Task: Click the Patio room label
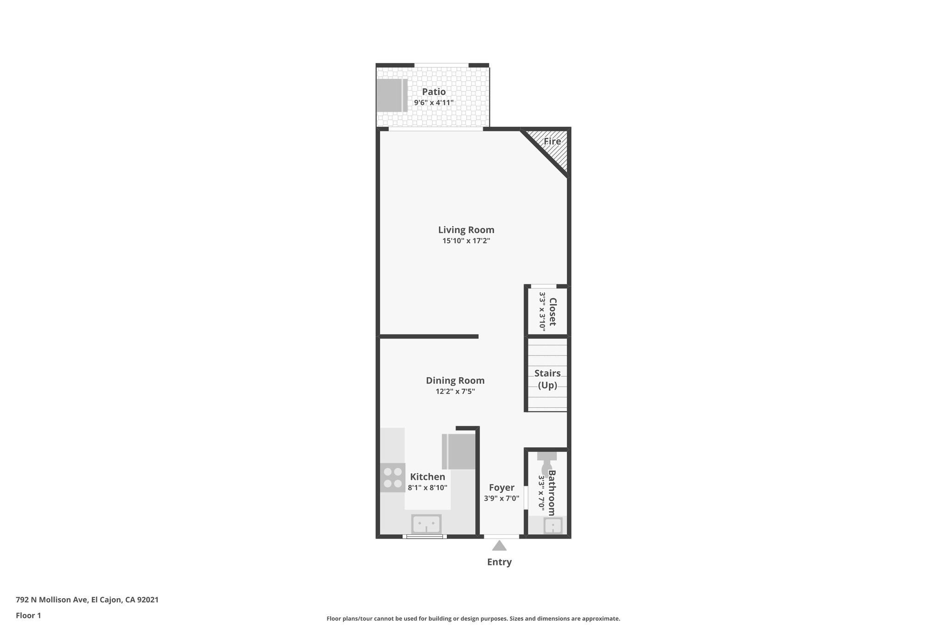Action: [x=434, y=92]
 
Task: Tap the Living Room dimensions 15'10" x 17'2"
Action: [x=466, y=241]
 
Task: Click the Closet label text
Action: [x=552, y=312]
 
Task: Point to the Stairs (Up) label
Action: [x=547, y=379]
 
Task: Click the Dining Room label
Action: [x=455, y=380]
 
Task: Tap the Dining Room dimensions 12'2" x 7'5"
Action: [x=455, y=392]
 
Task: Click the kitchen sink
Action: [x=426, y=524]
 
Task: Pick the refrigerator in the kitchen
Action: [x=459, y=452]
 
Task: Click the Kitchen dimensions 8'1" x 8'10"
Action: [x=427, y=488]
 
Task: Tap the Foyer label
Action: [x=502, y=488]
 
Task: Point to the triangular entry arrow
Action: [x=499, y=546]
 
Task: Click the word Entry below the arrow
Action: [x=499, y=562]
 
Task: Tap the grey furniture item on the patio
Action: [x=391, y=95]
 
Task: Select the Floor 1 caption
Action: [x=28, y=615]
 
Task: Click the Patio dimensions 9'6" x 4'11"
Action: [x=434, y=103]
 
